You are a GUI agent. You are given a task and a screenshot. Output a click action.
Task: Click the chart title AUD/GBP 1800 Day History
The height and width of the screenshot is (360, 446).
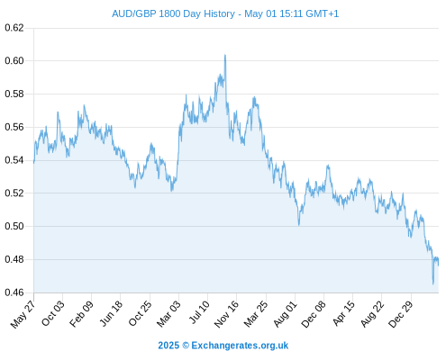(x=173, y=13)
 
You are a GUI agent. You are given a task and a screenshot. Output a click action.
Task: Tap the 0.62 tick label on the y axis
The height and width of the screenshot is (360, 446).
(x=14, y=28)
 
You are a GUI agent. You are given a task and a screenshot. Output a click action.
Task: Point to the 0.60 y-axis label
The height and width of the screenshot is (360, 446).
(x=14, y=61)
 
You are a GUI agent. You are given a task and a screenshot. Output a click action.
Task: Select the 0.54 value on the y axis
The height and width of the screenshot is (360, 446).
(x=14, y=160)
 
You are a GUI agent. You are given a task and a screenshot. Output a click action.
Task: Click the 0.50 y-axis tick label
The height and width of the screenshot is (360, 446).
(x=14, y=226)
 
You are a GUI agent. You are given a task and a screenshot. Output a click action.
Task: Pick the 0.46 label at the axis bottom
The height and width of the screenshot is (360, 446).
(x=14, y=292)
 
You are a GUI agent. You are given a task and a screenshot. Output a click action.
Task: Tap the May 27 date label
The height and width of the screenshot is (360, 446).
(x=23, y=314)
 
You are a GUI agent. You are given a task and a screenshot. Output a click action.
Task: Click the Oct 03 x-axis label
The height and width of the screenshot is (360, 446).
(x=53, y=313)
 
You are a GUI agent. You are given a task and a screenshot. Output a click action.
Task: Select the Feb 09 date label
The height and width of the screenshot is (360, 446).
(x=81, y=314)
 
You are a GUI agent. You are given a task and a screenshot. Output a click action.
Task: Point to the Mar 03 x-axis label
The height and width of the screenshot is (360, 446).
(x=168, y=313)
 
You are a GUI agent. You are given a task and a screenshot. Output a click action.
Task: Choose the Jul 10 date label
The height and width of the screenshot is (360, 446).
(x=199, y=312)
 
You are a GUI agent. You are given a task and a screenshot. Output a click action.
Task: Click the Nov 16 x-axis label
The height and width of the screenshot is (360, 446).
(x=226, y=314)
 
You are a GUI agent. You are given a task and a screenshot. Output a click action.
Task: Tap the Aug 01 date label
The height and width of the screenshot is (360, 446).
(x=286, y=314)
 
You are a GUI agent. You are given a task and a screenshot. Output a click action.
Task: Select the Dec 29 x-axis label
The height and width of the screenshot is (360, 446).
(x=401, y=314)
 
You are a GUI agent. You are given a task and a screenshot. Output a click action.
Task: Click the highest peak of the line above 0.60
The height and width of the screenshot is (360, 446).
(x=225, y=55)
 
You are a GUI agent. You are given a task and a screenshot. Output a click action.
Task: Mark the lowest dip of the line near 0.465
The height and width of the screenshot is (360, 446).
(x=433, y=283)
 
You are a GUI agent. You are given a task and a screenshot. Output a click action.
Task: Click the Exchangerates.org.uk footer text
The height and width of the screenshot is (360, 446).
(x=240, y=346)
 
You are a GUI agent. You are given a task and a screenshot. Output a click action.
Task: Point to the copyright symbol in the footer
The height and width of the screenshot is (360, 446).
(x=186, y=346)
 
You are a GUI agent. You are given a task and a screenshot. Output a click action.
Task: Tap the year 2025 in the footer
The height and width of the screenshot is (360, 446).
(x=168, y=346)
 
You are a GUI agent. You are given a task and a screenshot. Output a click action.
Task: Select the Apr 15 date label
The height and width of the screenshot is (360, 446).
(x=344, y=313)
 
